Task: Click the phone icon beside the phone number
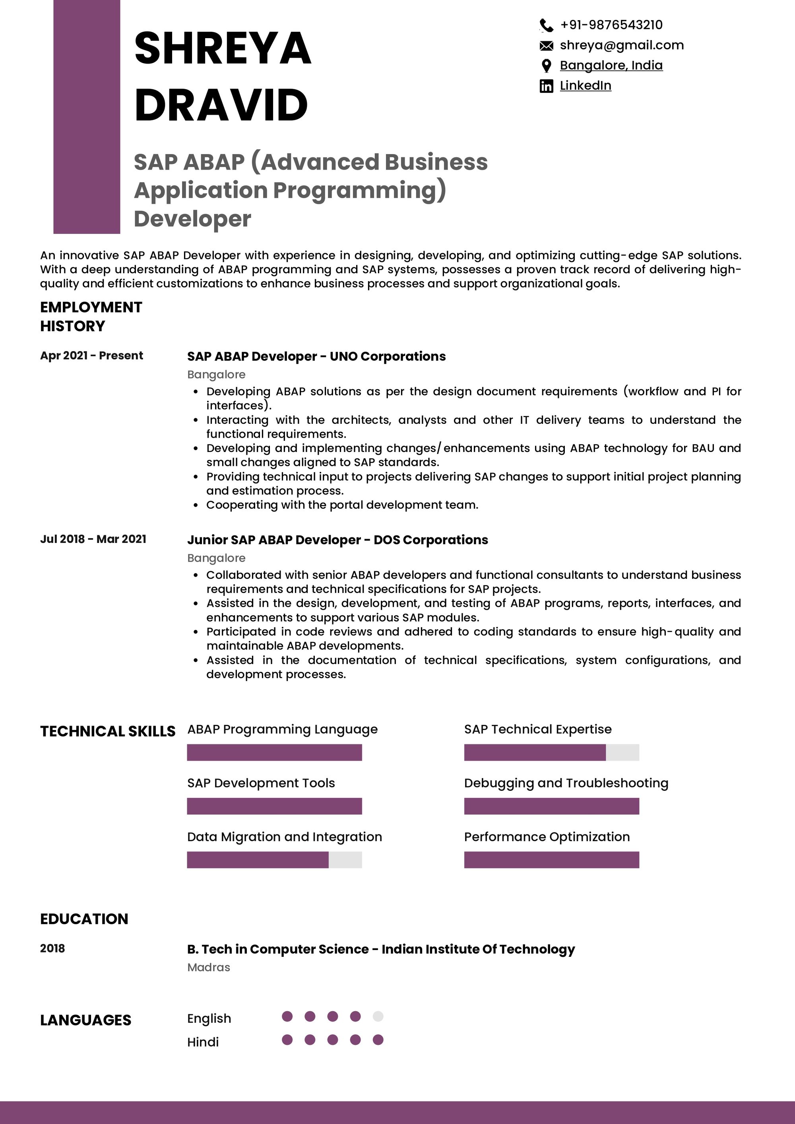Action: tap(546, 25)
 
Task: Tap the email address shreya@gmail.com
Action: tap(622, 45)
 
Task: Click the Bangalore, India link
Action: tap(611, 65)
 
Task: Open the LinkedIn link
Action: tap(586, 86)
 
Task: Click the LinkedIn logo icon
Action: tap(546, 86)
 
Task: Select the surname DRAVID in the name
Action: tap(221, 105)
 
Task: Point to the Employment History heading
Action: tap(91, 316)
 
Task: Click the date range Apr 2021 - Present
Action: tap(91, 355)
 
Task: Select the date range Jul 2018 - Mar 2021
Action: tap(93, 539)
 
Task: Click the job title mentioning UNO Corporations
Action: tap(316, 356)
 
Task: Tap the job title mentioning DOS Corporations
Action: tap(337, 540)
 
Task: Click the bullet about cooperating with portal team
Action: tap(342, 505)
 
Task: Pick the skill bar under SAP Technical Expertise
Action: tap(552, 752)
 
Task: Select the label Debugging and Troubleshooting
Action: tap(566, 783)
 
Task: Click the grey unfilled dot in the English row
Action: tap(378, 1017)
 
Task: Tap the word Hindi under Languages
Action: tap(203, 1042)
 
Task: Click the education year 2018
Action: tap(52, 949)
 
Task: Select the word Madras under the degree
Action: tap(209, 968)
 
